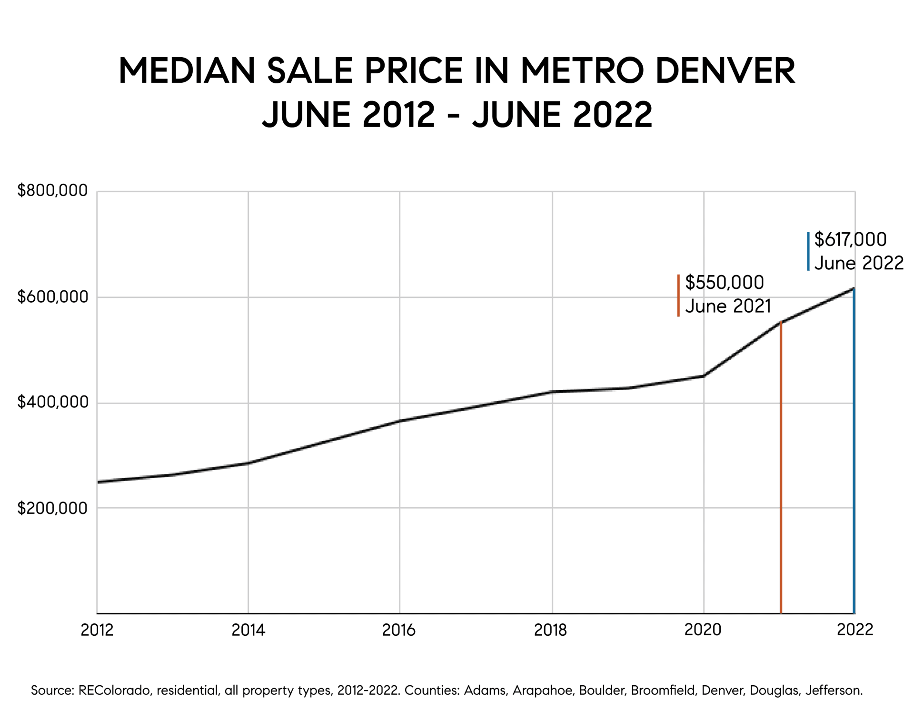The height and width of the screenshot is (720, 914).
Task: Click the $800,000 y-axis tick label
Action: point(52,190)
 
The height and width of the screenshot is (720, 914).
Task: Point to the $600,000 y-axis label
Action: point(52,296)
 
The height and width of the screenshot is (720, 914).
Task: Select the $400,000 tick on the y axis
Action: point(52,402)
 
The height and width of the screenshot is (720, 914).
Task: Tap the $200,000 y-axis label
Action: point(52,508)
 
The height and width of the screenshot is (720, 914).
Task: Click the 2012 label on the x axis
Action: point(97,630)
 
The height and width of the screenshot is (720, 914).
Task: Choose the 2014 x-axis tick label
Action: point(248,630)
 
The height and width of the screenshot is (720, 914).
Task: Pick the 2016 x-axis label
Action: point(399,630)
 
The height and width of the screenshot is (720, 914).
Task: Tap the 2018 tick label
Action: point(551,630)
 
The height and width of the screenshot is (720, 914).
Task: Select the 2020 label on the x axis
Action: point(703,630)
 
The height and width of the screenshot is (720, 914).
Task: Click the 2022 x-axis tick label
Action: point(855,630)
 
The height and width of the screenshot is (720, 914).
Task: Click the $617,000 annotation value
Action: point(850,239)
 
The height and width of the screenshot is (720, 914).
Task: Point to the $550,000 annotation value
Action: point(724,283)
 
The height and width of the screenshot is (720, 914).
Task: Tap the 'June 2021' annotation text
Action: point(728,306)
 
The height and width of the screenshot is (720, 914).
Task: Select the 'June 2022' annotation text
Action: point(859,263)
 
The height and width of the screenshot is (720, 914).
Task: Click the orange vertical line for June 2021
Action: point(781,476)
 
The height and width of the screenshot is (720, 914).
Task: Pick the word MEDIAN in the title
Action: point(187,71)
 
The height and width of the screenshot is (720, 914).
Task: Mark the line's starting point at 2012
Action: point(98,482)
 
